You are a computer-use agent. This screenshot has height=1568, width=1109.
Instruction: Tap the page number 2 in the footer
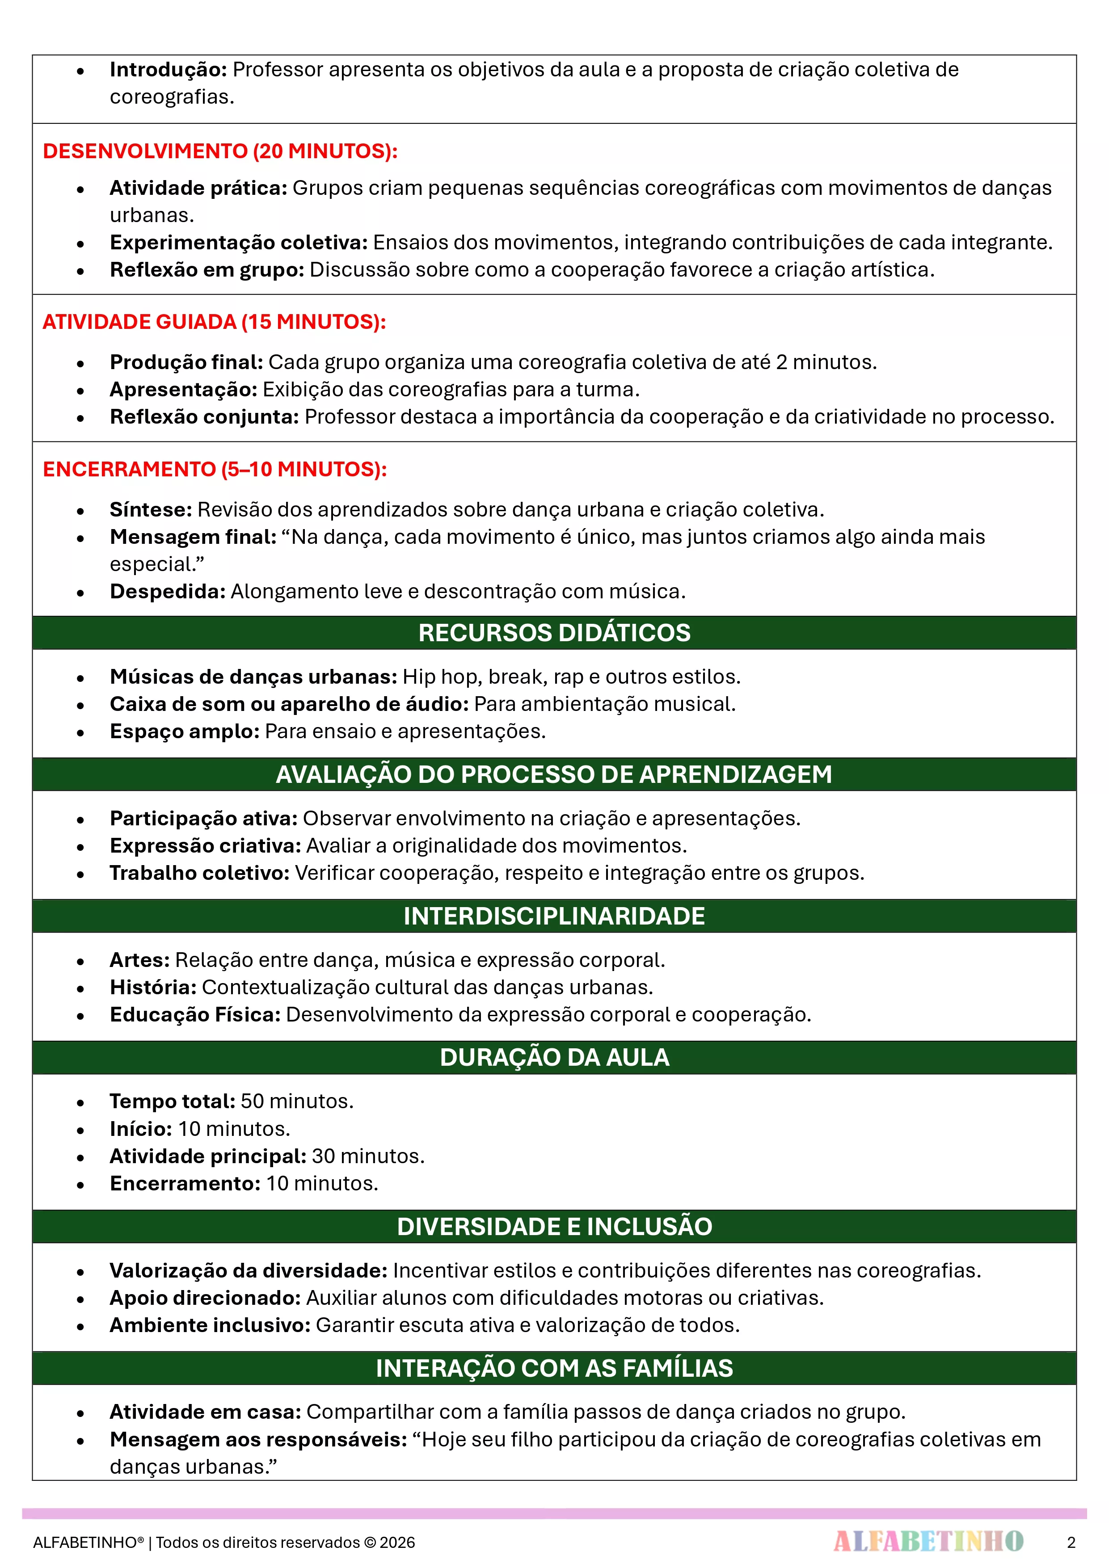[1071, 1542]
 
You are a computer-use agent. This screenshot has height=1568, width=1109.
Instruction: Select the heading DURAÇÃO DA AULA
[554, 1057]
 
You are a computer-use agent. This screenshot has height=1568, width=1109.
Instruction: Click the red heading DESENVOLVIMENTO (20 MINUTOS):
[220, 151]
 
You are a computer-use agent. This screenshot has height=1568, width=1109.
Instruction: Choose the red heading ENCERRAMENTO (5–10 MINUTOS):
[215, 469]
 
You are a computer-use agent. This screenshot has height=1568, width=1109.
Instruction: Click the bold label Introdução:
[168, 70]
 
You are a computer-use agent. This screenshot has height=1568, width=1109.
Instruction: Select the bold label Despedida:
[168, 592]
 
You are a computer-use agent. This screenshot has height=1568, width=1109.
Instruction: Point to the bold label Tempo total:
[172, 1101]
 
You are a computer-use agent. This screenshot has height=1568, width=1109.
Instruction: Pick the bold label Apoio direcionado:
[205, 1298]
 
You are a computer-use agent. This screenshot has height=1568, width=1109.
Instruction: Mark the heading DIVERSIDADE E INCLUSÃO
[554, 1227]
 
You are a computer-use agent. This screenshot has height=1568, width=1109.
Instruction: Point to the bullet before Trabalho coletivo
[80, 874]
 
